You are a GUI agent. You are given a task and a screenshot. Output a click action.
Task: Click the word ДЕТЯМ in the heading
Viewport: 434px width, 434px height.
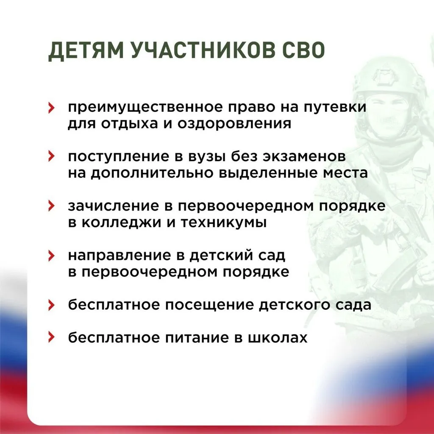click(x=84, y=51)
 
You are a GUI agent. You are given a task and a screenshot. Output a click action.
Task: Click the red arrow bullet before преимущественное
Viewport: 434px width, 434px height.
click(x=51, y=108)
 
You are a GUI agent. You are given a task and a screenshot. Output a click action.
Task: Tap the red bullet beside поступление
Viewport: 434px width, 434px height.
click(x=51, y=157)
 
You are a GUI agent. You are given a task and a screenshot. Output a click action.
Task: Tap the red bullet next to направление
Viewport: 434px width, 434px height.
click(x=51, y=256)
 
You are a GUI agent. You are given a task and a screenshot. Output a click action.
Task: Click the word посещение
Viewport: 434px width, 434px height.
click(x=216, y=305)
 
